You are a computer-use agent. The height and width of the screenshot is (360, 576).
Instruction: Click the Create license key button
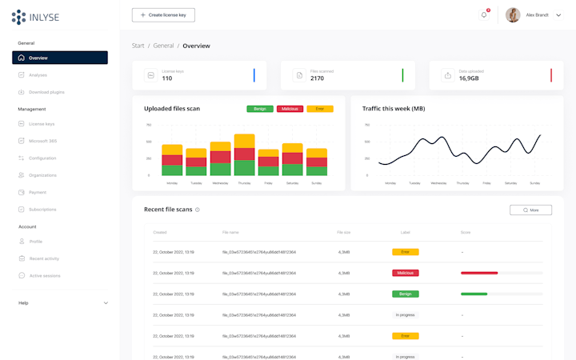(163, 14)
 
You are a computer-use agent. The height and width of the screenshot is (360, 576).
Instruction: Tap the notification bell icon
(483, 14)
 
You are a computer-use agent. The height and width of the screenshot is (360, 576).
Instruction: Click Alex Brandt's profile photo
(513, 14)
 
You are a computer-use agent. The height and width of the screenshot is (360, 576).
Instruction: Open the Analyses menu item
(38, 75)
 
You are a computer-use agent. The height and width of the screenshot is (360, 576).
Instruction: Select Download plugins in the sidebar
(46, 92)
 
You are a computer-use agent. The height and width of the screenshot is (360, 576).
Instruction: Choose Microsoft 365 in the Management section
(42, 141)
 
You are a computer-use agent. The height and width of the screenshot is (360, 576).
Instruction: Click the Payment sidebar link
(38, 192)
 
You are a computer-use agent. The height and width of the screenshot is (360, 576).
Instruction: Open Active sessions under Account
(45, 275)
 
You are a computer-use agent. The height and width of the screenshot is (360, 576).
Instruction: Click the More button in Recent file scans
(530, 210)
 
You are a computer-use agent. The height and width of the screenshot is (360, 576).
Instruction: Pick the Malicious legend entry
(290, 109)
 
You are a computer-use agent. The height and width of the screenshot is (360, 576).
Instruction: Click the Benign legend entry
(260, 109)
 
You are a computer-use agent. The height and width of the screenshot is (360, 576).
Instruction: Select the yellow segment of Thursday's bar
(245, 141)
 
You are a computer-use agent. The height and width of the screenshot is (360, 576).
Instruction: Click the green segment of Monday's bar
(172, 170)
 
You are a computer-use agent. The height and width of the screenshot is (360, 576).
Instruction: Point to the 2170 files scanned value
(317, 78)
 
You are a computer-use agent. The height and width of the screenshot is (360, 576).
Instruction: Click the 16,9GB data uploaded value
(469, 78)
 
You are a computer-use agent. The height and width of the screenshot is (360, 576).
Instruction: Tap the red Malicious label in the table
(406, 273)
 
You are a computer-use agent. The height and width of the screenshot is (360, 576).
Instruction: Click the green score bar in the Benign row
(474, 294)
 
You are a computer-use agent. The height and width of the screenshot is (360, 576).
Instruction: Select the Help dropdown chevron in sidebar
(106, 303)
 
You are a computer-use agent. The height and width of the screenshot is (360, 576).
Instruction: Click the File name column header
(230, 233)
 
